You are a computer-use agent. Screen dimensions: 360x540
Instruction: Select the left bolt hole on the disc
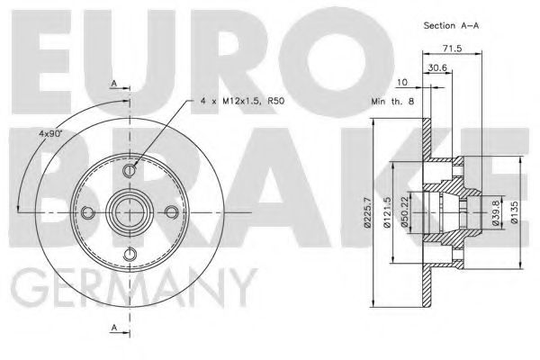coord(88,211)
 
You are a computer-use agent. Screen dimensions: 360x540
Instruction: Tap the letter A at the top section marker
coord(114,84)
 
